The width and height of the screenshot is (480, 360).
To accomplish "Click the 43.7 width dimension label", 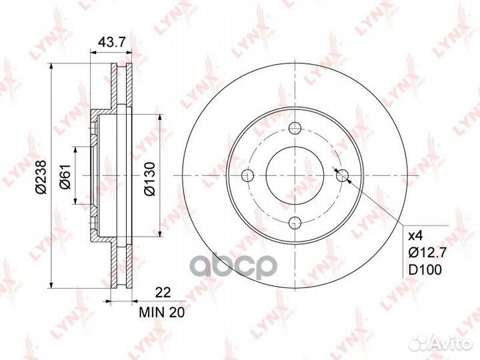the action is [x=112, y=42].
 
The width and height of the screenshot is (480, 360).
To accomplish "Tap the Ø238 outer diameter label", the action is [x=41, y=177].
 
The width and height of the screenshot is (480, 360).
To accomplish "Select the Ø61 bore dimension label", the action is [x=65, y=176].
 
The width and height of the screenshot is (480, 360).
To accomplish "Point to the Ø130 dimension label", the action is [x=150, y=179].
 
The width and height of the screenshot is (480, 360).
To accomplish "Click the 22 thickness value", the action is [x=163, y=293].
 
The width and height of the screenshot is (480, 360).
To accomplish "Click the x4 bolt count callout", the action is [x=416, y=236].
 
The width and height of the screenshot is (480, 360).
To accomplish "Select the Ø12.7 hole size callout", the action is [x=428, y=253].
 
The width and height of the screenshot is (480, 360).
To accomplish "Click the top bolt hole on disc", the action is [x=295, y=128].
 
